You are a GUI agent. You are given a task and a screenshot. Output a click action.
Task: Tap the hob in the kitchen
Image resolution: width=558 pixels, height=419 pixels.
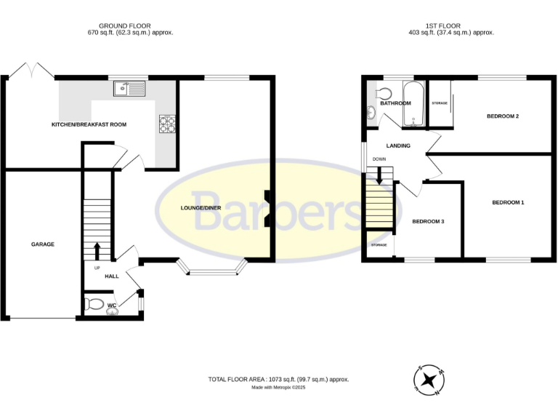pos(166,125)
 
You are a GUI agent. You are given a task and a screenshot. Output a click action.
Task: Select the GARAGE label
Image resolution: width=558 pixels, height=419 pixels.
pos(43,244)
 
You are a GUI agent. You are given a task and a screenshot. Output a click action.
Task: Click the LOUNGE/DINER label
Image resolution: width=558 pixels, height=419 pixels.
pos(201,208)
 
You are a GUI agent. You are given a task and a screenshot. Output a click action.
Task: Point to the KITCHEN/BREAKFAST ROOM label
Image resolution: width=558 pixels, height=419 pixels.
pos(89,124)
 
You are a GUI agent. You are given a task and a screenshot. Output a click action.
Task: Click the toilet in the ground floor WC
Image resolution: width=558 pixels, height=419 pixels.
pos(93,305)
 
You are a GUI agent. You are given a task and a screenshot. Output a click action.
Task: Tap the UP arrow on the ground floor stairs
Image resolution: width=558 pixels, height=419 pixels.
pos(97,250)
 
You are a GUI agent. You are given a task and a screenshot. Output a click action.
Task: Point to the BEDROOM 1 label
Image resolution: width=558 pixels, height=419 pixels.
pos(508,202)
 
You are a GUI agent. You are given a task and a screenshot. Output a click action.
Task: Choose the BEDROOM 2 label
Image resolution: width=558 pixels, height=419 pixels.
pos(501,116)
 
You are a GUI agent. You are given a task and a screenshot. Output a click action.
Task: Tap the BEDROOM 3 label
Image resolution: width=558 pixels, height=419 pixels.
pos(428,221)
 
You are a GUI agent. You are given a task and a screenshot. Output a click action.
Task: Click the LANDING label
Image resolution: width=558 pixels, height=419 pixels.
pos(398,145)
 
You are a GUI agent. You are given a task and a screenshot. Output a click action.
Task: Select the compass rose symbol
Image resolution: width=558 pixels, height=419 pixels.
pos(430,379)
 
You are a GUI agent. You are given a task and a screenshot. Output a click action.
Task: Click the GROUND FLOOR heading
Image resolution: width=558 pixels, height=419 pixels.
pos(125,25)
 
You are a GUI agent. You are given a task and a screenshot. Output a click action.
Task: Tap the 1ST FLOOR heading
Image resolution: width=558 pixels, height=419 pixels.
pos(450,25)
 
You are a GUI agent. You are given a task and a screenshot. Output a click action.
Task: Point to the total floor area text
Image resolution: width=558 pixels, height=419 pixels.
pos(279,380)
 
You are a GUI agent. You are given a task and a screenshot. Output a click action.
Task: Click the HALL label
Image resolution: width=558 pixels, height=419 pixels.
pos(111,276)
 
